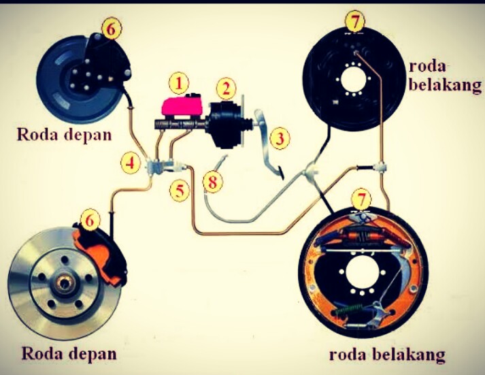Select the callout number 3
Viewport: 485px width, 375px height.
pos(278,138)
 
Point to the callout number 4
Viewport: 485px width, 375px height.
pos(131,163)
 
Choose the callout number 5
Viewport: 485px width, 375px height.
pos(179,190)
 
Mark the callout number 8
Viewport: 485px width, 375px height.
pos(214,181)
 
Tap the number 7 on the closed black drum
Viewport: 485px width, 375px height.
pos(353,20)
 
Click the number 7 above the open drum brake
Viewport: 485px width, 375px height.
pos(362,199)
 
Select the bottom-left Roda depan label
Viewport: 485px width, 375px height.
pos(69,353)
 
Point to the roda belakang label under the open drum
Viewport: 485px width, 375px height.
pos(387,355)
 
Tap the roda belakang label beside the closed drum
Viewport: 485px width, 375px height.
pos(446,75)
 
